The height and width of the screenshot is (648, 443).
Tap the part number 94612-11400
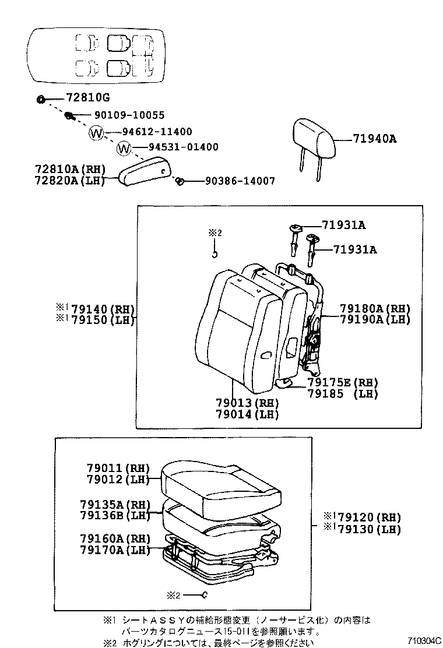tap(156, 132)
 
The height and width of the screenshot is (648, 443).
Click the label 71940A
tap(375, 139)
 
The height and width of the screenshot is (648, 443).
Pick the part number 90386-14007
tap(240, 181)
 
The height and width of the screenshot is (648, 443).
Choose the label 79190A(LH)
tap(375, 319)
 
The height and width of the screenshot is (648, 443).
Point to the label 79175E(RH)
tap(343, 382)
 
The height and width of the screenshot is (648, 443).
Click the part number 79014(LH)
tap(247, 414)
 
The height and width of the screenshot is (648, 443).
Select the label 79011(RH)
tap(118, 468)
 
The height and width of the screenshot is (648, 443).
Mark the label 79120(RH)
tap(370, 517)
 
